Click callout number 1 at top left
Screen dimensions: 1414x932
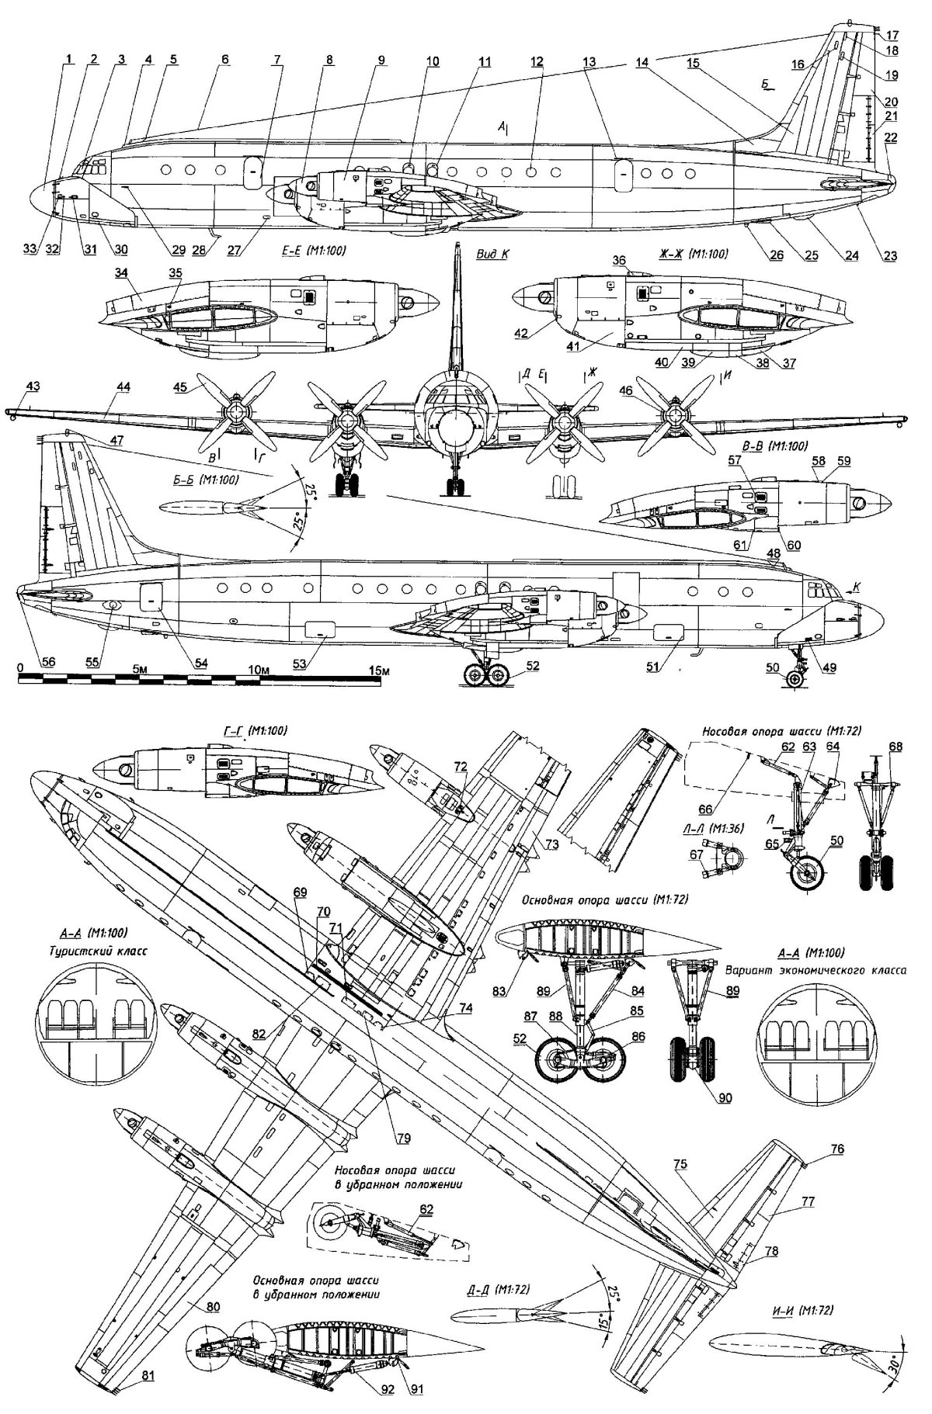[70, 58]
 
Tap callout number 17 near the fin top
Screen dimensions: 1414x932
[892, 35]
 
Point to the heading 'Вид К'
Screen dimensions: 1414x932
[491, 254]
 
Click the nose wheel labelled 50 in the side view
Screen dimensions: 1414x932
[793, 680]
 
